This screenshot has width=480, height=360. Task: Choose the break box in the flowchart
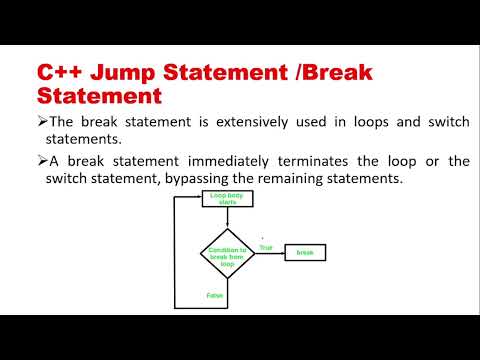305,252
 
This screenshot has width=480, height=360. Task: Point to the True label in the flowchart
265,246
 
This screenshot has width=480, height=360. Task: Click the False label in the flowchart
213,295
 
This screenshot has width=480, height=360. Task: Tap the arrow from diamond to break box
270,252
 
